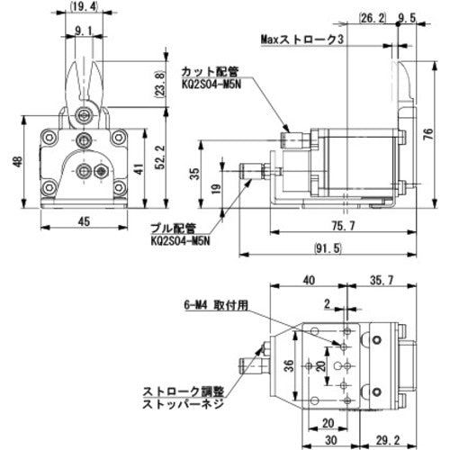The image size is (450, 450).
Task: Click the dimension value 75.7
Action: (343, 225)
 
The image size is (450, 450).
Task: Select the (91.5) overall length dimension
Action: (328, 248)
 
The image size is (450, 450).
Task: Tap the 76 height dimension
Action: (429, 133)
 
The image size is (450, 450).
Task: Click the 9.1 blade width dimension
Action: (84, 31)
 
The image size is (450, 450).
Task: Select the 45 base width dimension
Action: (84, 221)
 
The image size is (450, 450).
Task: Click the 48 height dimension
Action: (18, 162)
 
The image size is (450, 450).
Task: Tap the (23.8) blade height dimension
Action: (160, 85)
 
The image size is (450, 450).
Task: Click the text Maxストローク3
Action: (302, 40)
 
